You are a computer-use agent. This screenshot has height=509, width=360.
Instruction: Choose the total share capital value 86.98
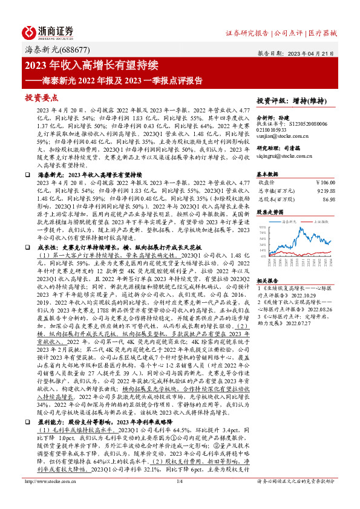pyautogui.click(x=329, y=198)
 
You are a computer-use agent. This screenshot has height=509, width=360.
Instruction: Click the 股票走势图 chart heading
pyautogui.click(x=270, y=212)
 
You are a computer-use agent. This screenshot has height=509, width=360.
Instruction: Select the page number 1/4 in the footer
pyautogui.click(x=179, y=498)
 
